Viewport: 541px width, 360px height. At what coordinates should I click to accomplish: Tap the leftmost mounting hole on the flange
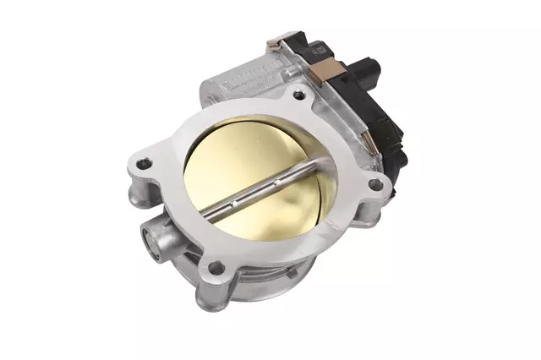coord(145,161)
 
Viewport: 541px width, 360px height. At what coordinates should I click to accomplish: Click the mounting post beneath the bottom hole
coord(211,295)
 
